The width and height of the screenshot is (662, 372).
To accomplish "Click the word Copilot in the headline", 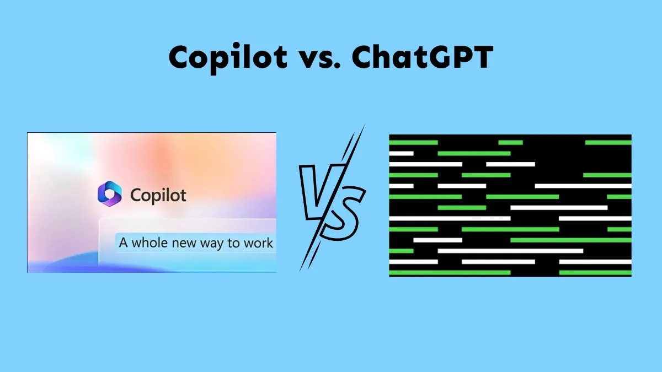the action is [x=228, y=58].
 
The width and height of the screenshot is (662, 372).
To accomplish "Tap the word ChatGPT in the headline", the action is [x=423, y=57].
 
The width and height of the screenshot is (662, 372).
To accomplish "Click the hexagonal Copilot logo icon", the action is [x=110, y=193].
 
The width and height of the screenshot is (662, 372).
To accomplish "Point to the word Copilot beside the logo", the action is [x=158, y=196].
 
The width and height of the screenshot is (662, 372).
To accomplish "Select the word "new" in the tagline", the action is [x=184, y=244].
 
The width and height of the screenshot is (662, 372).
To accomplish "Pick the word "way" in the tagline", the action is [x=212, y=244].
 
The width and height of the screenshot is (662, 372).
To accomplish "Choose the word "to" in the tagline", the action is [x=234, y=243].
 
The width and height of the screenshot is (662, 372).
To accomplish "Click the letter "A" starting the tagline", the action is [x=124, y=242].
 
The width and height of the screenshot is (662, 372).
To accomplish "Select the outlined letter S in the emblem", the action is [x=343, y=213].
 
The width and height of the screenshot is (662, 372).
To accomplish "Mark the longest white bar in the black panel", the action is [x=510, y=251].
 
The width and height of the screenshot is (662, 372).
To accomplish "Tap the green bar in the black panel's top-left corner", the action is [x=413, y=143].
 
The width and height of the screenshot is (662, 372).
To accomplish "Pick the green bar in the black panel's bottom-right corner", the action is [x=595, y=272].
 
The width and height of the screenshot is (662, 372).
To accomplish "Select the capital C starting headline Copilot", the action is [x=180, y=57].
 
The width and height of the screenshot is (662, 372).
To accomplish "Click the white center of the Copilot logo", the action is [x=110, y=193].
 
